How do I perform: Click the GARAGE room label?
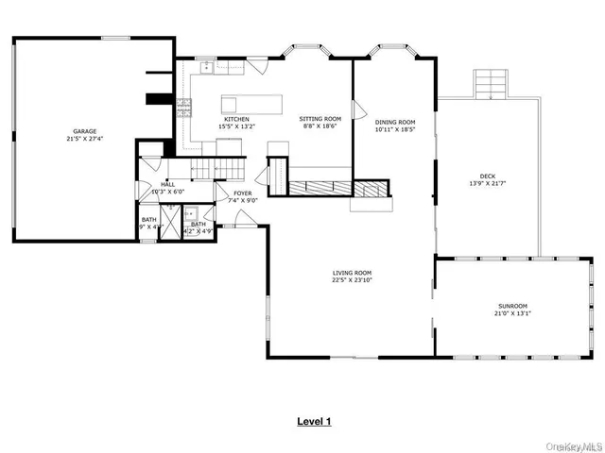pos(86,131)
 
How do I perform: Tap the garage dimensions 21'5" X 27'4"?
pos(86,139)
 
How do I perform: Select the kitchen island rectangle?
pos(252,102)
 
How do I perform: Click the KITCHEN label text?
pos(236,119)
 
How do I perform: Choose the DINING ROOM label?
pos(395,122)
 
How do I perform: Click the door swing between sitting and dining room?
pos(358,110)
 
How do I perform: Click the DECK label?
pos(488,176)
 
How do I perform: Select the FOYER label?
pos(243,193)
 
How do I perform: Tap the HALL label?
pos(167,184)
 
